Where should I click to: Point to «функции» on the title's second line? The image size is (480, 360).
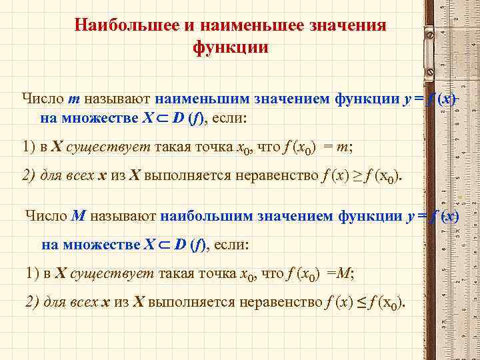pos(231,48)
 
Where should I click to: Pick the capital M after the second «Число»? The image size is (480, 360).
pos(79,216)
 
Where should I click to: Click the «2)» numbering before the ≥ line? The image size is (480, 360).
pos(29,176)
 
